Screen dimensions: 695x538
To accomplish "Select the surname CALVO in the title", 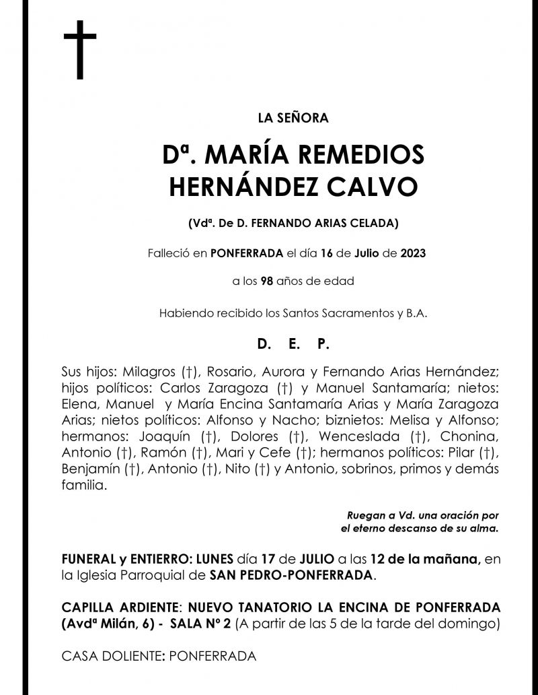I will click(383, 187).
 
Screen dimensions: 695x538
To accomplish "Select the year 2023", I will click(414, 254).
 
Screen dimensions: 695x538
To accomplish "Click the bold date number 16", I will click(327, 254).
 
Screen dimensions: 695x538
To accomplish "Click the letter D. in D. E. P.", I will click(264, 344).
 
